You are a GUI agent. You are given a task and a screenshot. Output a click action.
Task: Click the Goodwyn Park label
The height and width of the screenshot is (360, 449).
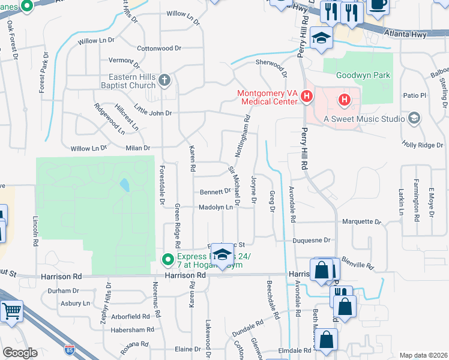click(363, 76)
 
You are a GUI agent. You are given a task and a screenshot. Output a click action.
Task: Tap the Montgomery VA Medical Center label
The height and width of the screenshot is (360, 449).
click(267, 97)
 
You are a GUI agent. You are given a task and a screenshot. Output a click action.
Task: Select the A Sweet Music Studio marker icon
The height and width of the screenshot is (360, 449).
click(414, 118)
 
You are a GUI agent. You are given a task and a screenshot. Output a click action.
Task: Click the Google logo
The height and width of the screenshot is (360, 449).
click(19, 353)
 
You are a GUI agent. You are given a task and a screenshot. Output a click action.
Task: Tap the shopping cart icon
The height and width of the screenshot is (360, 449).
click(11, 311)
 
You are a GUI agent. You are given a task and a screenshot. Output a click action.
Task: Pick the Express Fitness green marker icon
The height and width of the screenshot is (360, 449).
click(168, 259)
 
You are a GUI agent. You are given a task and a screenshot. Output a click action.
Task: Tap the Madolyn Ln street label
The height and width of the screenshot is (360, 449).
click(215, 207)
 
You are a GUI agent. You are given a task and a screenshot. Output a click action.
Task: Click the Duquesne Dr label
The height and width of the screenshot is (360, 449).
click(312, 240)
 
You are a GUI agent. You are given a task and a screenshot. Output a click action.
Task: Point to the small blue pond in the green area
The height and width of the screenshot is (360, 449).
click(124, 184)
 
